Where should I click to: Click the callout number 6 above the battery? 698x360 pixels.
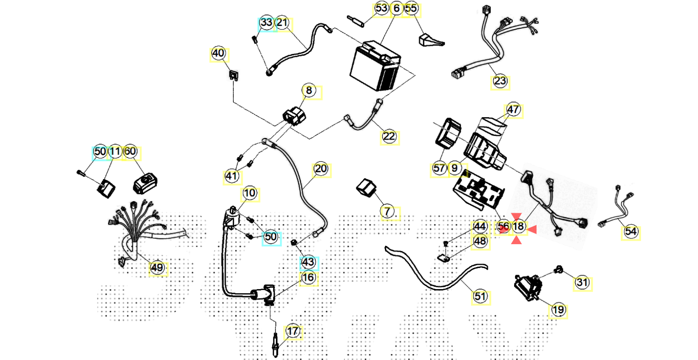click(x=396, y=9)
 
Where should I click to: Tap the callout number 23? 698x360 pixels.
click(x=500, y=82)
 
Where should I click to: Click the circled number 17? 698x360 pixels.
click(x=292, y=332)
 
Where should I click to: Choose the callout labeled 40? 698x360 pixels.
click(x=218, y=53)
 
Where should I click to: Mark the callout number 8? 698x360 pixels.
click(x=309, y=91)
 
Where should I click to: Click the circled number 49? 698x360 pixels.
click(x=157, y=268)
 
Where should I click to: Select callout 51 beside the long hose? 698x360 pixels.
click(x=480, y=296)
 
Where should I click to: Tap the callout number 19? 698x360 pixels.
click(x=558, y=310)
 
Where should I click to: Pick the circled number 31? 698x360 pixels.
click(x=582, y=283)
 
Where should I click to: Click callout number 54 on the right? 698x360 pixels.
click(x=630, y=232)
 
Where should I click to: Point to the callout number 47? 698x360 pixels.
click(x=514, y=110)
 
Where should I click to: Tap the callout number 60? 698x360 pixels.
click(x=130, y=152)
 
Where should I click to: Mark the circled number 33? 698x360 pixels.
click(x=266, y=22)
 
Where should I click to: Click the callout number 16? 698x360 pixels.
click(x=308, y=278)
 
